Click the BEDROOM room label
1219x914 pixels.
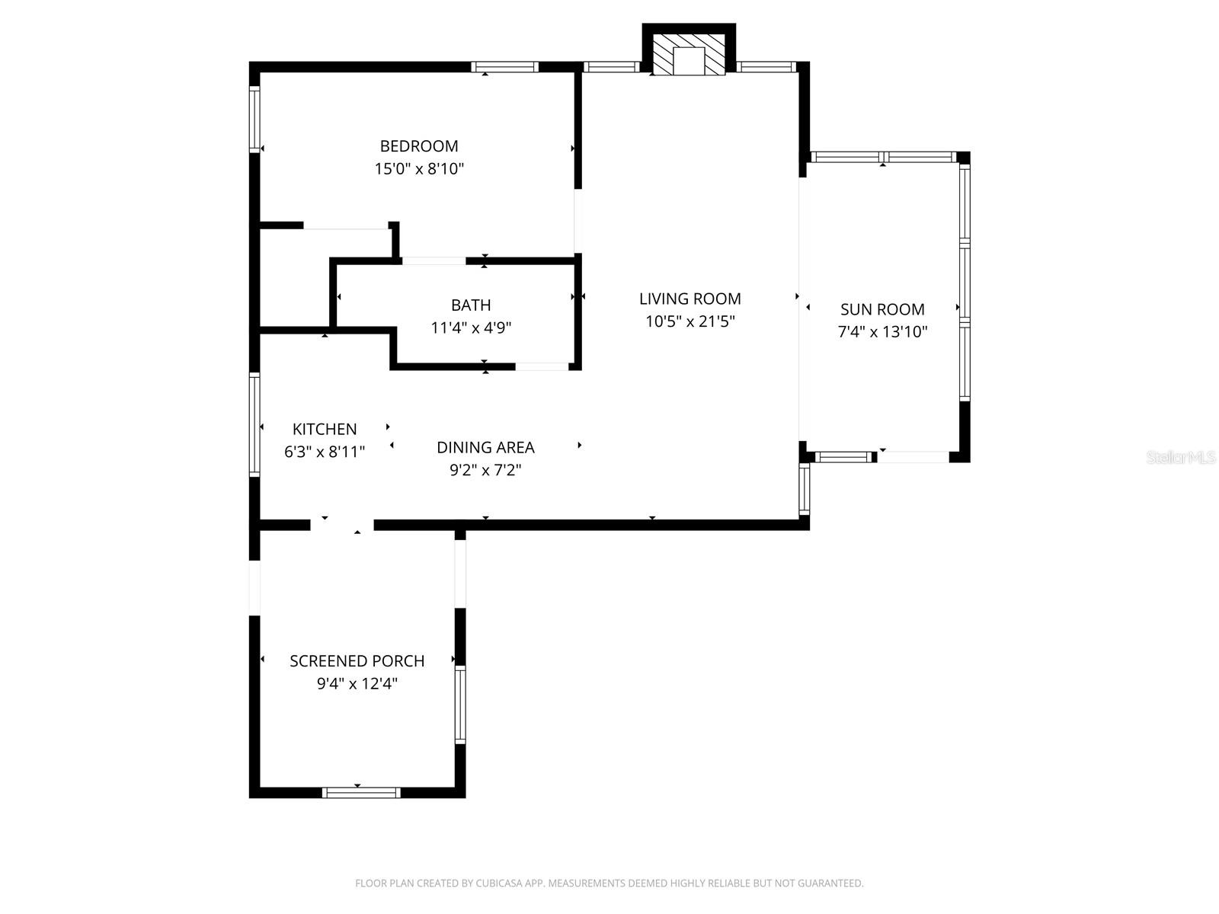tap(419, 146)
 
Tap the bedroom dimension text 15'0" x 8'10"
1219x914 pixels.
tap(419, 169)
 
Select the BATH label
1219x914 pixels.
tap(471, 305)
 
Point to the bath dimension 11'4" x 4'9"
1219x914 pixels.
tap(471, 328)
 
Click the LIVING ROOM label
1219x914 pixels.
tap(689, 299)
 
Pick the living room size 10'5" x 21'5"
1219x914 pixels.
tap(689, 321)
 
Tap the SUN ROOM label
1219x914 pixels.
tap(882, 309)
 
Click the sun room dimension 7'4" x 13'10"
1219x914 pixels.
tap(882, 332)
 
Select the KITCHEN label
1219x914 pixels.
tap(325, 429)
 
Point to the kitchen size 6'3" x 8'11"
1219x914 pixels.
tap(325, 452)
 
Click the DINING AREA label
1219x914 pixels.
tap(485, 447)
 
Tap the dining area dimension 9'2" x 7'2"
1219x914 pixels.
tap(485, 470)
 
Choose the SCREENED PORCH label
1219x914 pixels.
tap(357, 661)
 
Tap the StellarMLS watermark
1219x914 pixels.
tap(1180, 457)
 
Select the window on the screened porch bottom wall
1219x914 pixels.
tap(361, 793)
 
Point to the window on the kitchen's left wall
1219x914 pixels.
tap(255, 424)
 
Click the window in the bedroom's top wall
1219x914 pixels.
tap(504, 67)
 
